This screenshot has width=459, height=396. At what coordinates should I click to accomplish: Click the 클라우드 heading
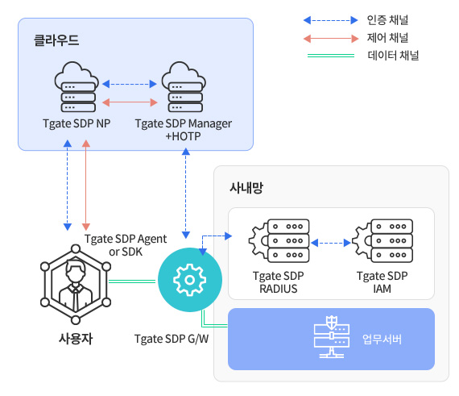click(56, 40)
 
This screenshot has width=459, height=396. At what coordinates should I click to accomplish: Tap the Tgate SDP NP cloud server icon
click(76, 87)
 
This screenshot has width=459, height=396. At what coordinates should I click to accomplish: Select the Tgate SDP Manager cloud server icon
click(184, 87)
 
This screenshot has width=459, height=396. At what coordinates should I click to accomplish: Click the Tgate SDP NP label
click(76, 123)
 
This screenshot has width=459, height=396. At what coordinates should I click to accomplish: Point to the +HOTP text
click(184, 136)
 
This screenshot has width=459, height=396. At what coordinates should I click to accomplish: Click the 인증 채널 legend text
click(387, 20)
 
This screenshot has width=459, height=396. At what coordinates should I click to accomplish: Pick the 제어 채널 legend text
click(387, 38)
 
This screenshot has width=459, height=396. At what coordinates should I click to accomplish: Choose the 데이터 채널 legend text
click(393, 56)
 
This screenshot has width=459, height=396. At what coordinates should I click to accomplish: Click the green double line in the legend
click(331, 56)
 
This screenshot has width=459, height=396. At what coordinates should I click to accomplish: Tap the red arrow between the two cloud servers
click(130, 102)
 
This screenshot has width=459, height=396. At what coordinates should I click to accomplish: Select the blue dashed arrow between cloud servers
click(130, 84)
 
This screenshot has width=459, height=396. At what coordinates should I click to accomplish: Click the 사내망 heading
click(246, 188)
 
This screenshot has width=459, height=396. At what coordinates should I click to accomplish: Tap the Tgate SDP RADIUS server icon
click(279, 240)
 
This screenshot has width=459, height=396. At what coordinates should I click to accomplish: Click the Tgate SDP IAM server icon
click(382, 240)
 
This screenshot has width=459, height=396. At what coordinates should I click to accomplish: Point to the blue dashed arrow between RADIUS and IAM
click(331, 243)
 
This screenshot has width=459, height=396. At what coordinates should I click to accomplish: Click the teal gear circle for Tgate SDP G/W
click(190, 280)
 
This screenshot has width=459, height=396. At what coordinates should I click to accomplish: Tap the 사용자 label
click(76, 339)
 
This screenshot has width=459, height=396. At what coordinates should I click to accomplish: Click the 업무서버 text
click(382, 339)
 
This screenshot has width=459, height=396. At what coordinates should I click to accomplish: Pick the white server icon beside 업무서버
click(332, 337)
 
